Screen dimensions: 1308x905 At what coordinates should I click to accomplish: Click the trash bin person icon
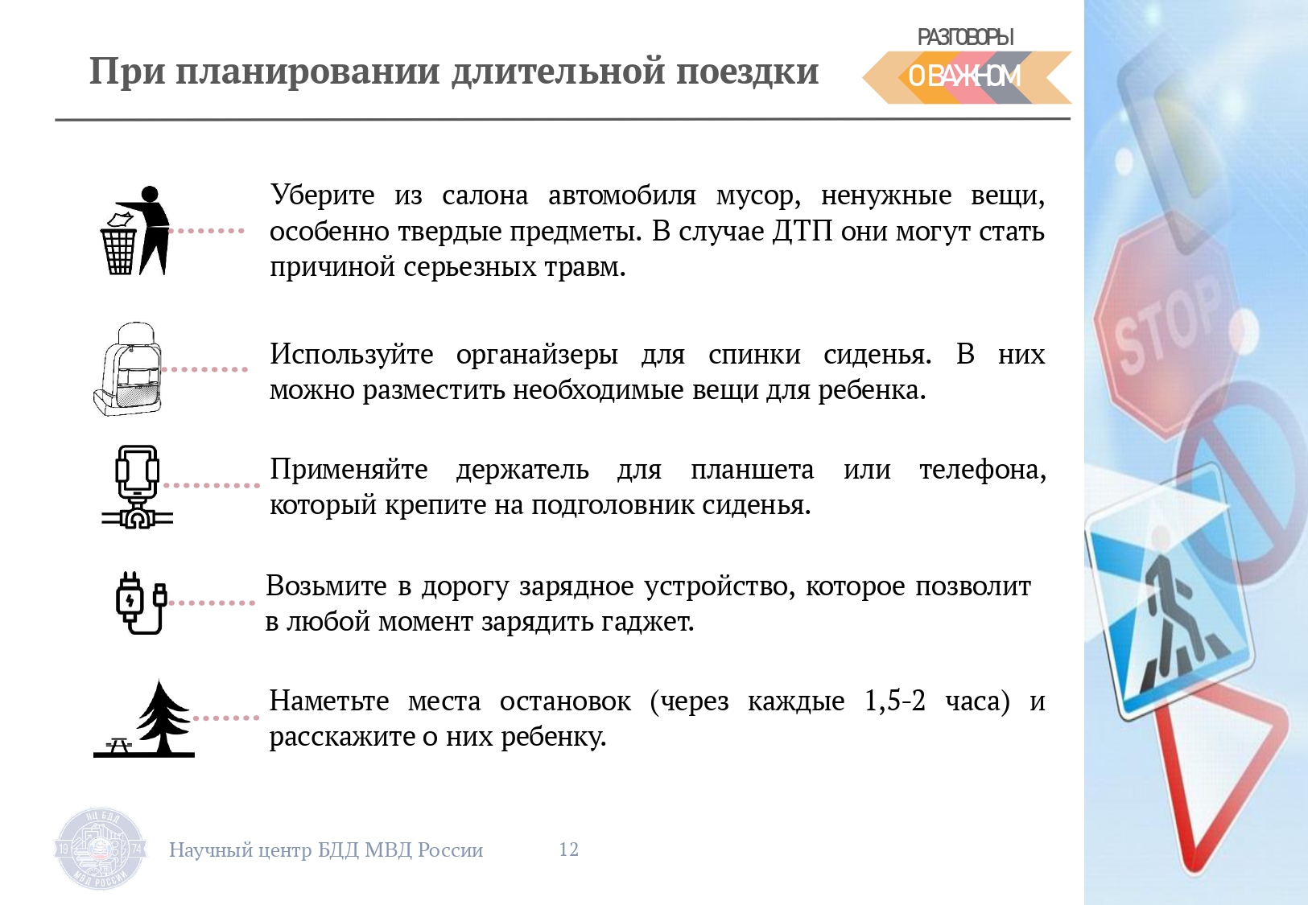[135, 231]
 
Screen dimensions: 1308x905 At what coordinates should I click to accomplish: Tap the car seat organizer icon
[127, 368]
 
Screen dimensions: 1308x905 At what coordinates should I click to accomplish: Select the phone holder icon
[137, 487]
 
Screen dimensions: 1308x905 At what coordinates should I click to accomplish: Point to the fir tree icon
[144, 719]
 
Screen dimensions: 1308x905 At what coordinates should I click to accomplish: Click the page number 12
[569, 849]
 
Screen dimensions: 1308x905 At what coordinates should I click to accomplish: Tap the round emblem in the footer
[100, 849]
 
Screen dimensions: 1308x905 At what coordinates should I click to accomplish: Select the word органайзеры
[537, 355]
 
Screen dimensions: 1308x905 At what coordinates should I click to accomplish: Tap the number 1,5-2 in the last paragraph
[895, 701]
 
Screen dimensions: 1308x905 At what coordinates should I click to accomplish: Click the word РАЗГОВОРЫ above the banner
[966, 37]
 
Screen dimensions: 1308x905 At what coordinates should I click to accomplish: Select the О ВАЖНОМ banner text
[964, 76]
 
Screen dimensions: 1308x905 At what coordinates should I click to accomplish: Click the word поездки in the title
[748, 72]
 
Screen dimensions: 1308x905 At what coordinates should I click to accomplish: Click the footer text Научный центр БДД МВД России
[326, 850]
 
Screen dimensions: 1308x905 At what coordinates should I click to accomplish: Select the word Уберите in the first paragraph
[322, 195]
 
